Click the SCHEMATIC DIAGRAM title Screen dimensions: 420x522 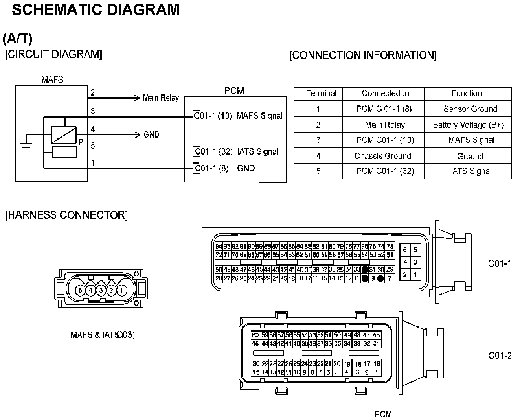(96, 9)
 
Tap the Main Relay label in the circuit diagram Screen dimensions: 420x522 (161, 98)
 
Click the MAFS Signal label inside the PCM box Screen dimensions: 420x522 (259, 116)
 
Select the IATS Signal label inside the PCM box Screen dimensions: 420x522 (257, 151)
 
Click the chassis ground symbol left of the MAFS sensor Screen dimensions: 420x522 (26, 146)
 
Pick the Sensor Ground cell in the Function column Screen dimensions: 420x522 (470, 109)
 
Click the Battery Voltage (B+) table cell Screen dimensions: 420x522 (468, 125)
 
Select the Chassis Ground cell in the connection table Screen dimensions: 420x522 (382, 156)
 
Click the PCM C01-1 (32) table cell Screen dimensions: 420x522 (385, 171)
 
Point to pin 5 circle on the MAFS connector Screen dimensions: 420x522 (80, 291)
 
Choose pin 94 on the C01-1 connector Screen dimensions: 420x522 (219, 247)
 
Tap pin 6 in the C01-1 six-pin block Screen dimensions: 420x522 (405, 250)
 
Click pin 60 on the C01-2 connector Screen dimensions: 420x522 (255, 335)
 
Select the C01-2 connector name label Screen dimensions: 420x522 (500, 356)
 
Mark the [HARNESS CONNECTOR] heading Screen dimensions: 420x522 (66, 215)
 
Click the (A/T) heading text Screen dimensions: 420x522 (18, 39)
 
